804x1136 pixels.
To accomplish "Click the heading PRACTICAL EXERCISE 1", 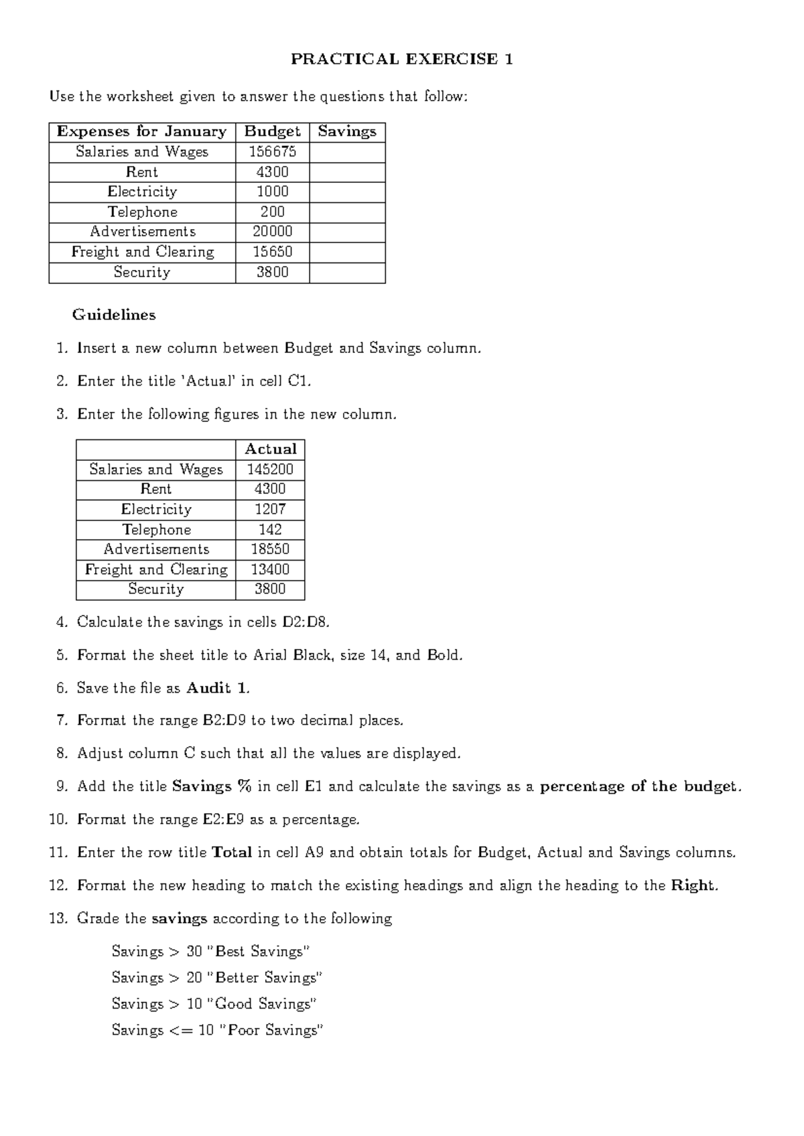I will point(402,59).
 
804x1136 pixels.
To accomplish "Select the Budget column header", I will point(272,131).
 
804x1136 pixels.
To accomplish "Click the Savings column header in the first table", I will point(347,131).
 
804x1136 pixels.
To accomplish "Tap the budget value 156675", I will point(272,152).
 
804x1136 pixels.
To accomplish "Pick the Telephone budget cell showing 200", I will point(272,212).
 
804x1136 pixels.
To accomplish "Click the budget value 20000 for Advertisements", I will point(272,232).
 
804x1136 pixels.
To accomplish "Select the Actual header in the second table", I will point(270,449).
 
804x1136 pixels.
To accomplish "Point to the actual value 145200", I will point(270,470).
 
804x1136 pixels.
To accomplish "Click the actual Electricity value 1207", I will point(270,509).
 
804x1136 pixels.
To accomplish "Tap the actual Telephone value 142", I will point(270,530).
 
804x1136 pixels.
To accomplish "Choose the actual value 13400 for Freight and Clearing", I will point(270,569).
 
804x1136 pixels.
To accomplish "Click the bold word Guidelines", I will point(114,315).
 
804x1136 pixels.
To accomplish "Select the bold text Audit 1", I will point(217,688).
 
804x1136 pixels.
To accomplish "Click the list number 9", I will point(62,786).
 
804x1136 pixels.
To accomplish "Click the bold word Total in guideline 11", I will point(231,853).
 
